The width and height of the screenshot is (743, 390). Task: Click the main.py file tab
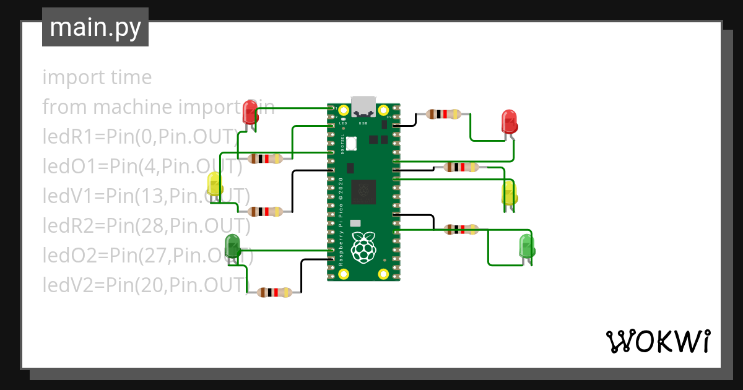[x=95, y=27]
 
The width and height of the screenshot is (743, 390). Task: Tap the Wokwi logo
[x=657, y=340]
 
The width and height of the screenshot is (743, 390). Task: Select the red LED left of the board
[x=250, y=112]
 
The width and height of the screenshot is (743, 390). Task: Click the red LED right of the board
[x=509, y=121]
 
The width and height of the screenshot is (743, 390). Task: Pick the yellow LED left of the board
[x=215, y=184]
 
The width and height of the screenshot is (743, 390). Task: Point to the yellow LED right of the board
[x=508, y=193]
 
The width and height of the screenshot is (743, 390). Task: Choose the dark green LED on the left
[x=233, y=246]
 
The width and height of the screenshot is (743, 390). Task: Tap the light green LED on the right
[x=527, y=246]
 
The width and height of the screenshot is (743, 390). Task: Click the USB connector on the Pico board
[x=363, y=106]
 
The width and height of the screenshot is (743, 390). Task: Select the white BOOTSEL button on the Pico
[x=352, y=143]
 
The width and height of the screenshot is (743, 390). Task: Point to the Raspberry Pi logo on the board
[x=363, y=247]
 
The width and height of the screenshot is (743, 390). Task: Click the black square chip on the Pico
[x=363, y=192]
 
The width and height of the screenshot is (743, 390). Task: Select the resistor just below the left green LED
[x=275, y=292]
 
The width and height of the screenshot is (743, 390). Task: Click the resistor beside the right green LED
[x=461, y=230]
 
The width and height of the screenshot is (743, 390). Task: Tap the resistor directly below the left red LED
[x=265, y=158]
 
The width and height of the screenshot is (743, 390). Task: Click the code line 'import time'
[x=97, y=78]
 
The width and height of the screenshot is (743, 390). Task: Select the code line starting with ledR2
[x=146, y=226]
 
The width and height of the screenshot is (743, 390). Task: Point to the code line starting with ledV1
[x=146, y=196]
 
